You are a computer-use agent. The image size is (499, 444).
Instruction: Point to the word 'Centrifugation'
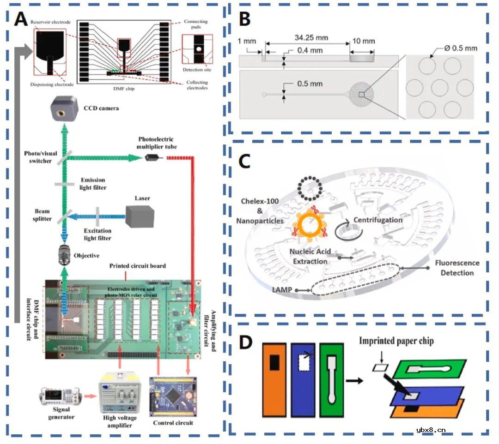point(378,220)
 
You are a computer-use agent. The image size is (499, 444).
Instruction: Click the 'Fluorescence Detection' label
point(457,268)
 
